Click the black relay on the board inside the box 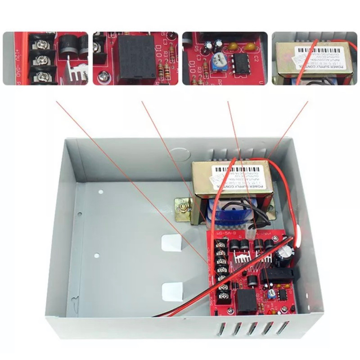(246, 299)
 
